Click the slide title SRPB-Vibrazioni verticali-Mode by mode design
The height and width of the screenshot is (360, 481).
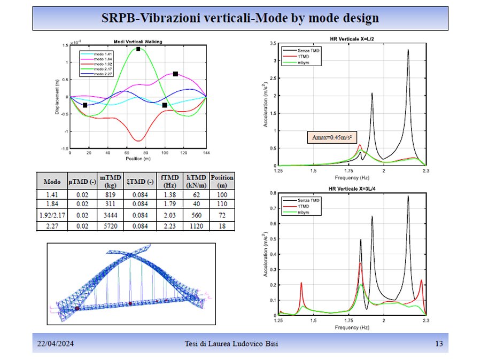240,18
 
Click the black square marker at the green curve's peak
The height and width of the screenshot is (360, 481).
138,49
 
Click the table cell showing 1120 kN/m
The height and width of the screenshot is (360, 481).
194,226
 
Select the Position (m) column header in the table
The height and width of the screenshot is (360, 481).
222,181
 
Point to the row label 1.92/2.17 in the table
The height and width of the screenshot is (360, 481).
52,214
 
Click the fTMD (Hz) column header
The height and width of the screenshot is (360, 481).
168,181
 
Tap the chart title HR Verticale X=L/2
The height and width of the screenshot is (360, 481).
351,38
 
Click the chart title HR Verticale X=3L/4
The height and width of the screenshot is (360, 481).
351,189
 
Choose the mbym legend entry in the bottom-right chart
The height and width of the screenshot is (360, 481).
299,213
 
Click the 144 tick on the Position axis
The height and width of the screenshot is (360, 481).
206,153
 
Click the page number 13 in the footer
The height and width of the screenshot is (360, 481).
439,344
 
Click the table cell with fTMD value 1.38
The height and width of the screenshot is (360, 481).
168,195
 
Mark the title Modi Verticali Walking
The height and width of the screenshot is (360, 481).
138,42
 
